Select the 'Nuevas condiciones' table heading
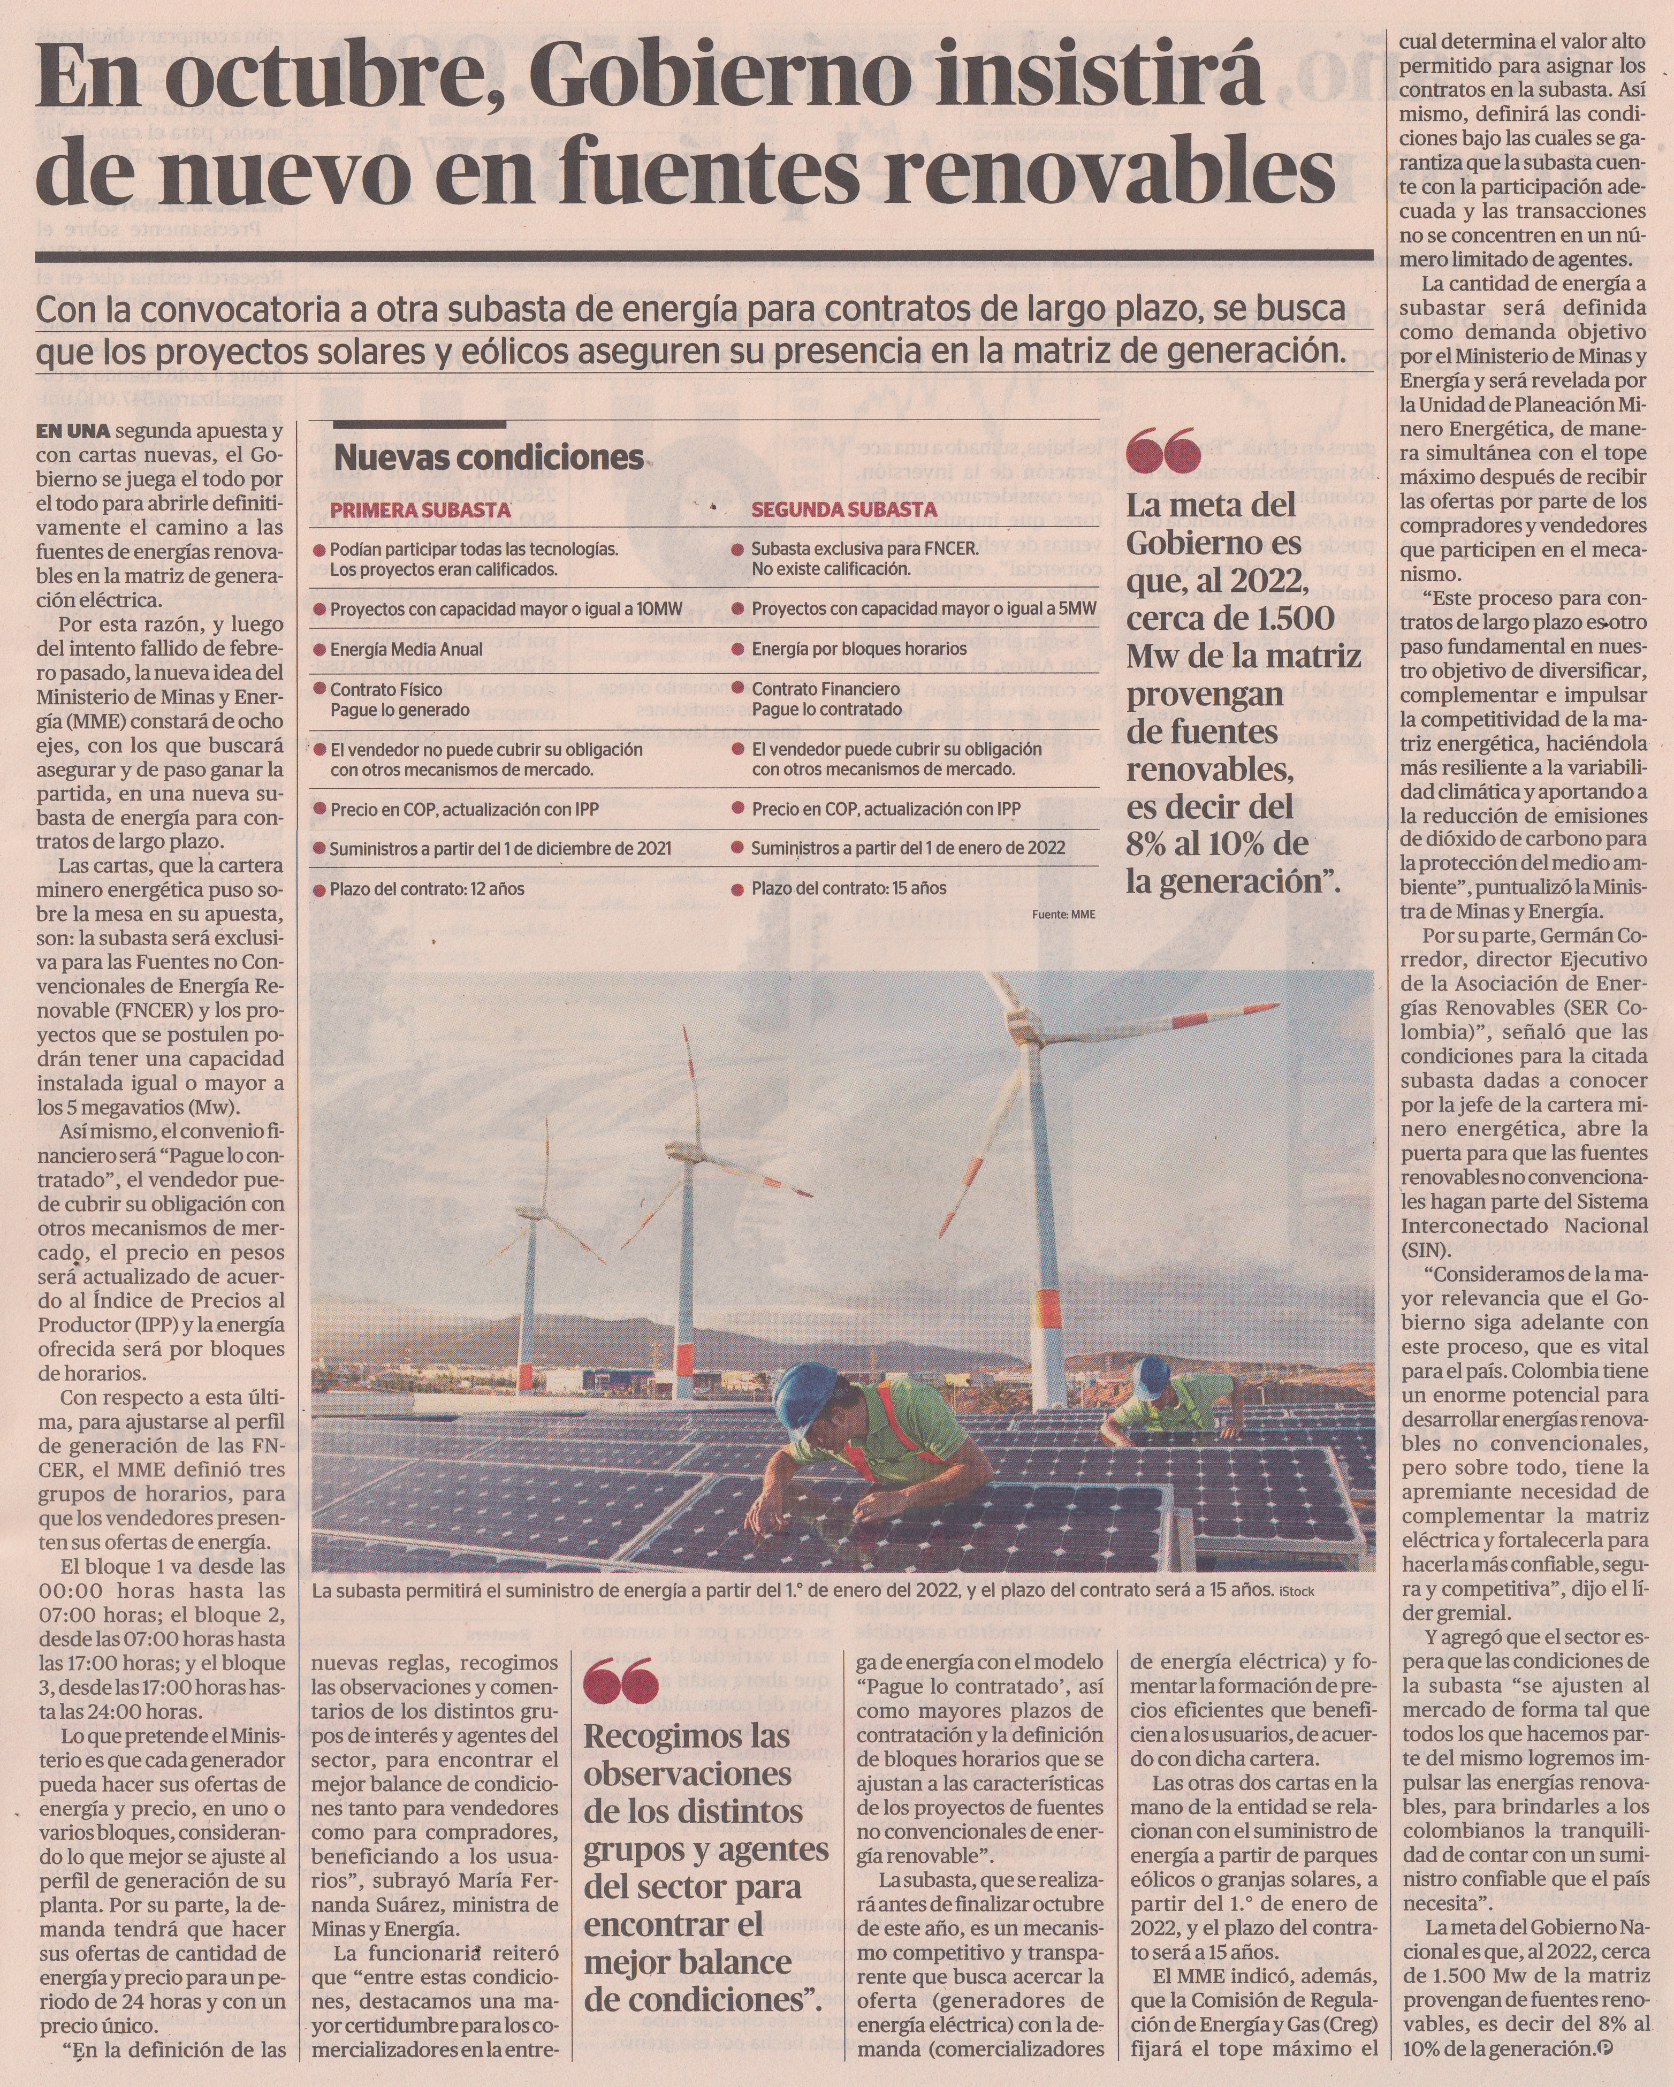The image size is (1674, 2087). click(x=489, y=458)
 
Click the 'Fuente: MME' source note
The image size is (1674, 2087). click(x=1063, y=914)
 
